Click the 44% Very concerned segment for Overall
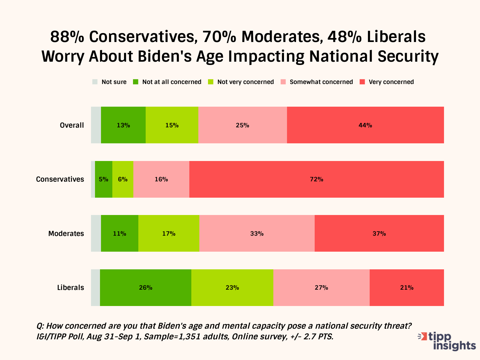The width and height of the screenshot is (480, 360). [x=365, y=125]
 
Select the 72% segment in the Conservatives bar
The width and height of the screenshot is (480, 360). [x=316, y=179]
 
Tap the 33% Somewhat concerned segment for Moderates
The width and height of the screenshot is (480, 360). [x=257, y=233]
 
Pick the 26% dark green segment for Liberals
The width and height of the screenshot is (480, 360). [x=145, y=288]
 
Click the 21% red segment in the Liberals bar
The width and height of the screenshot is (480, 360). [x=407, y=288]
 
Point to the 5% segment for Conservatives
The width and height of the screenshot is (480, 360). [x=103, y=179]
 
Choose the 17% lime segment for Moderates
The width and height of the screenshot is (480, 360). [x=169, y=233]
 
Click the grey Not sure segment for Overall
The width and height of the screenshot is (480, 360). [x=96, y=125]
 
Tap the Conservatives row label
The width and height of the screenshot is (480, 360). [x=60, y=179]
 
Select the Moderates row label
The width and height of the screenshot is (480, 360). [x=66, y=233]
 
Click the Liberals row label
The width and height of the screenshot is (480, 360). [x=70, y=288]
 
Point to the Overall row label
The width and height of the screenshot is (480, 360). [x=72, y=125]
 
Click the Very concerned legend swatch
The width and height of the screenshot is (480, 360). [x=363, y=82]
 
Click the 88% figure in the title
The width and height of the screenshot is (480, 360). [x=67, y=37]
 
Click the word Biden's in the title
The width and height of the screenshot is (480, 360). [x=165, y=56]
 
